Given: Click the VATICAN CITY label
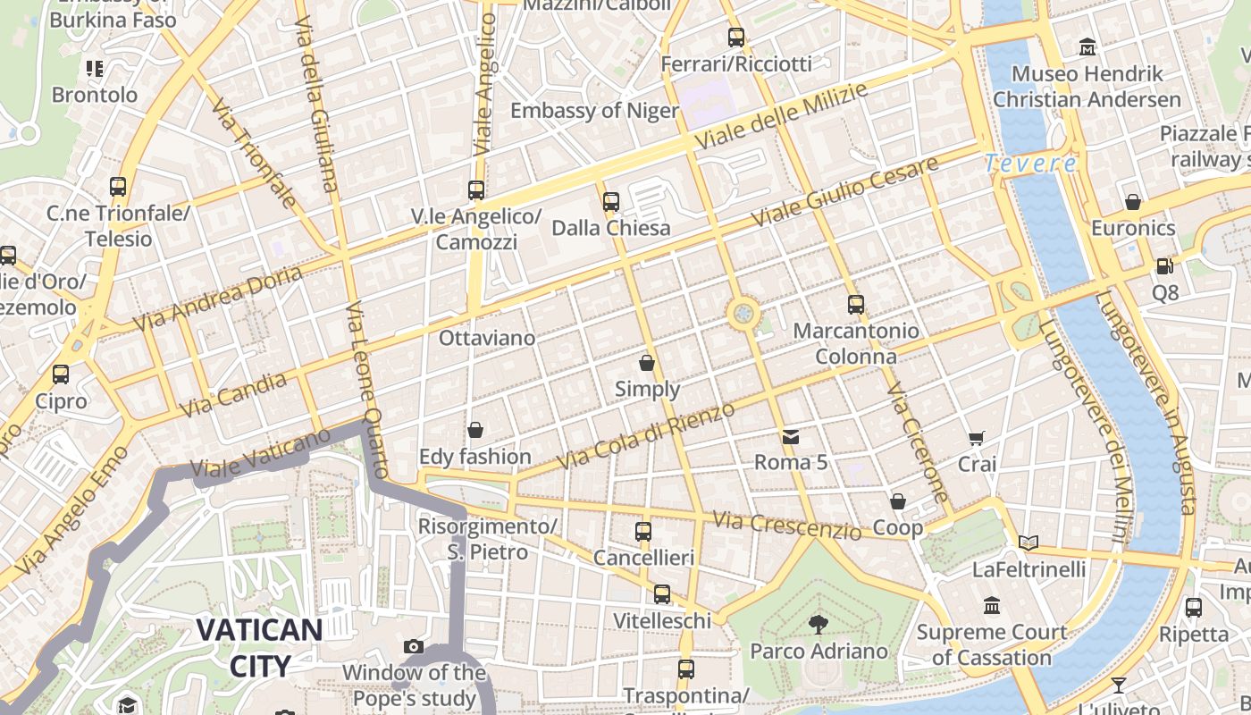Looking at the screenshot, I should pyautogui.click(x=259, y=647).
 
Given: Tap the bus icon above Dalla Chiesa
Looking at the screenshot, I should pyautogui.click(x=611, y=202).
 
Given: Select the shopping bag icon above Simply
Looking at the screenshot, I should pyautogui.click(x=647, y=363).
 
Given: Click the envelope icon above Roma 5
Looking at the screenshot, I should pyautogui.click(x=791, y=437).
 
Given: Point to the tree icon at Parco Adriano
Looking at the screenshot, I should pyautogui.click(x=818, y=625).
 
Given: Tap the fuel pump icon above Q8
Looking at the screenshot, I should pyautogui.click(x=1164, y=265).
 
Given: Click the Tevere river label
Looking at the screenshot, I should pyautogui.click(x=1030, y=164).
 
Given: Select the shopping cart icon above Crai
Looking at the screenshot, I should pyautogui.click(x=977, y=438).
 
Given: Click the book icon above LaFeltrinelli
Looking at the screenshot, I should pyautogui.click(x=1029, y=543).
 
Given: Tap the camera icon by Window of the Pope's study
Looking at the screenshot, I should pyautogui.click(x=413, y=646).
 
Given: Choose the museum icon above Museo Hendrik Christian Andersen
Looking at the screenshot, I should pyautogui.click(x=1087, y=46).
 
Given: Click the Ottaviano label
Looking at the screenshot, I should pyautogui.click(x=487, y=338).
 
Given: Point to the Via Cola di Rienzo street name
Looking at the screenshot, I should pyautogui.click(x=645, y=435).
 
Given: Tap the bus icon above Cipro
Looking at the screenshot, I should pyautogui.click(x=61, y=374).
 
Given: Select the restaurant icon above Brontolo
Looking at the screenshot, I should pyautogui.click(x=95, y=68).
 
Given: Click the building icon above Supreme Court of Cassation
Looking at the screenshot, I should pyautogui.click(x=992, y=606).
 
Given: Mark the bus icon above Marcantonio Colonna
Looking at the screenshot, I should pyautogui.click(x=856, y=305).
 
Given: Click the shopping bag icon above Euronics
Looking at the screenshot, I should pyautogui.click(x=1133, y=202).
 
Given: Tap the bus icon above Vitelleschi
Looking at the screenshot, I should pyautogui.click(x=662, y=594).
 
